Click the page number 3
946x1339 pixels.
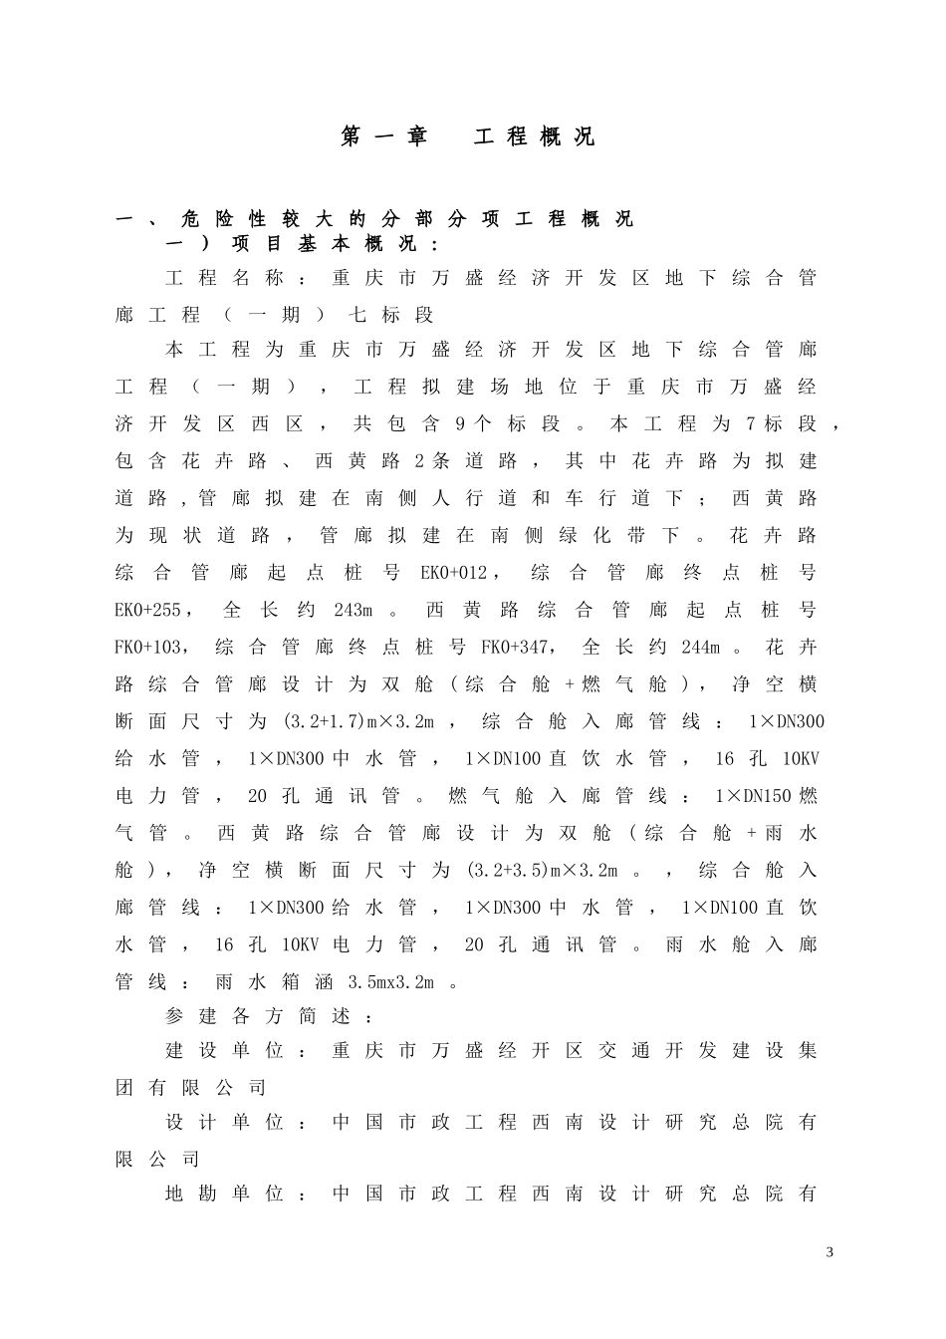[x=829, y=1251]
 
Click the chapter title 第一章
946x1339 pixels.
[x=383, y=137]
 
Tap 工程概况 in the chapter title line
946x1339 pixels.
[x=534, y=137]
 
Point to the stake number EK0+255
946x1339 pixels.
[x=148, y=610]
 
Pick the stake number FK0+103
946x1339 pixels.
[x=148, y=648]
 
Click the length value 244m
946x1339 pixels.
[x=700, y=648]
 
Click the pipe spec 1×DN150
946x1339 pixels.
[x=753, y=796]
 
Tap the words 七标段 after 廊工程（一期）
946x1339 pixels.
[x=391, y=316]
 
